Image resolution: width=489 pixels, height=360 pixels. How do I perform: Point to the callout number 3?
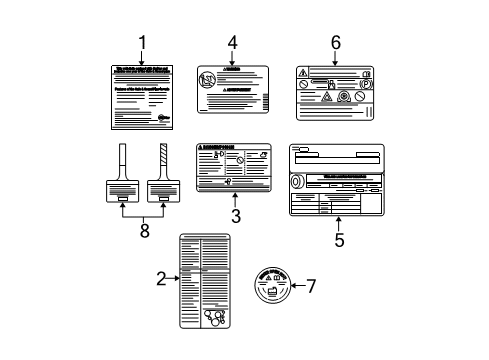point(236,216)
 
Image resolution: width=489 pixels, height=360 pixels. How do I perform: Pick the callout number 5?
point(339,240)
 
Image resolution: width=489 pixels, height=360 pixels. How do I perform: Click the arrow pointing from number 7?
point(295,286)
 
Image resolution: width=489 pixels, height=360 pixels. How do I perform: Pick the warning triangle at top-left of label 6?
point(303,72)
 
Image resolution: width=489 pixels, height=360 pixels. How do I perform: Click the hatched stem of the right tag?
point(162,160)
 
